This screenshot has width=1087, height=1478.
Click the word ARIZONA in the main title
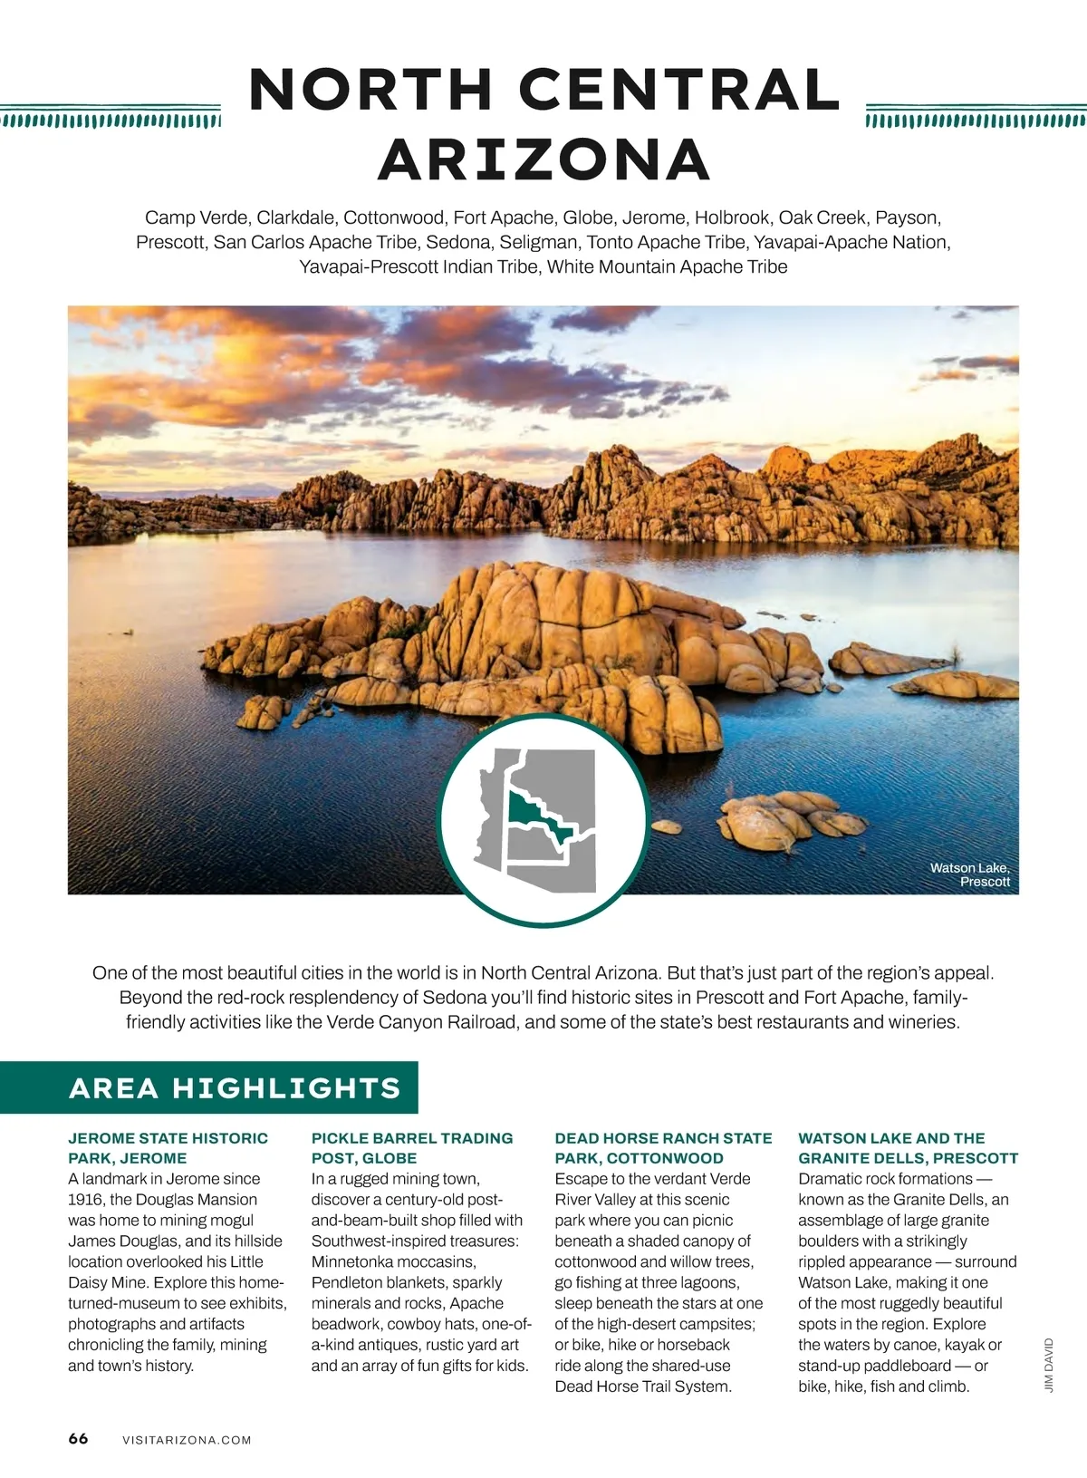pos(543,159)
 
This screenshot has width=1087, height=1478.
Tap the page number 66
pos(78,1439)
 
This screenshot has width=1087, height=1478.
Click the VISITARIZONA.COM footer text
pos(187,1440)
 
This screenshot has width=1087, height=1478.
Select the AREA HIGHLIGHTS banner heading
pos(235,1087)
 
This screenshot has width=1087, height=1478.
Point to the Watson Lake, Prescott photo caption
pos(970,874)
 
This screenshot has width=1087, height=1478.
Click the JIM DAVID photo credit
pos(1049,1365)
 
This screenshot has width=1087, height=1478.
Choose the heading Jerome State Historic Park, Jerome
pos(168,1148)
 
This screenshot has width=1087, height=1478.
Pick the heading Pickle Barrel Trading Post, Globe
pos(411,1148)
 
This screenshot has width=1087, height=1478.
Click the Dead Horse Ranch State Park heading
pos(663,1148)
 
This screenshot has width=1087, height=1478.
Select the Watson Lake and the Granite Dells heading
pos(908,1148)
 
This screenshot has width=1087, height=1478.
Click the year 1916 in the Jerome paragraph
pos(86,1200)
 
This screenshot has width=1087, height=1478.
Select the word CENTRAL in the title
pos(679,89)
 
